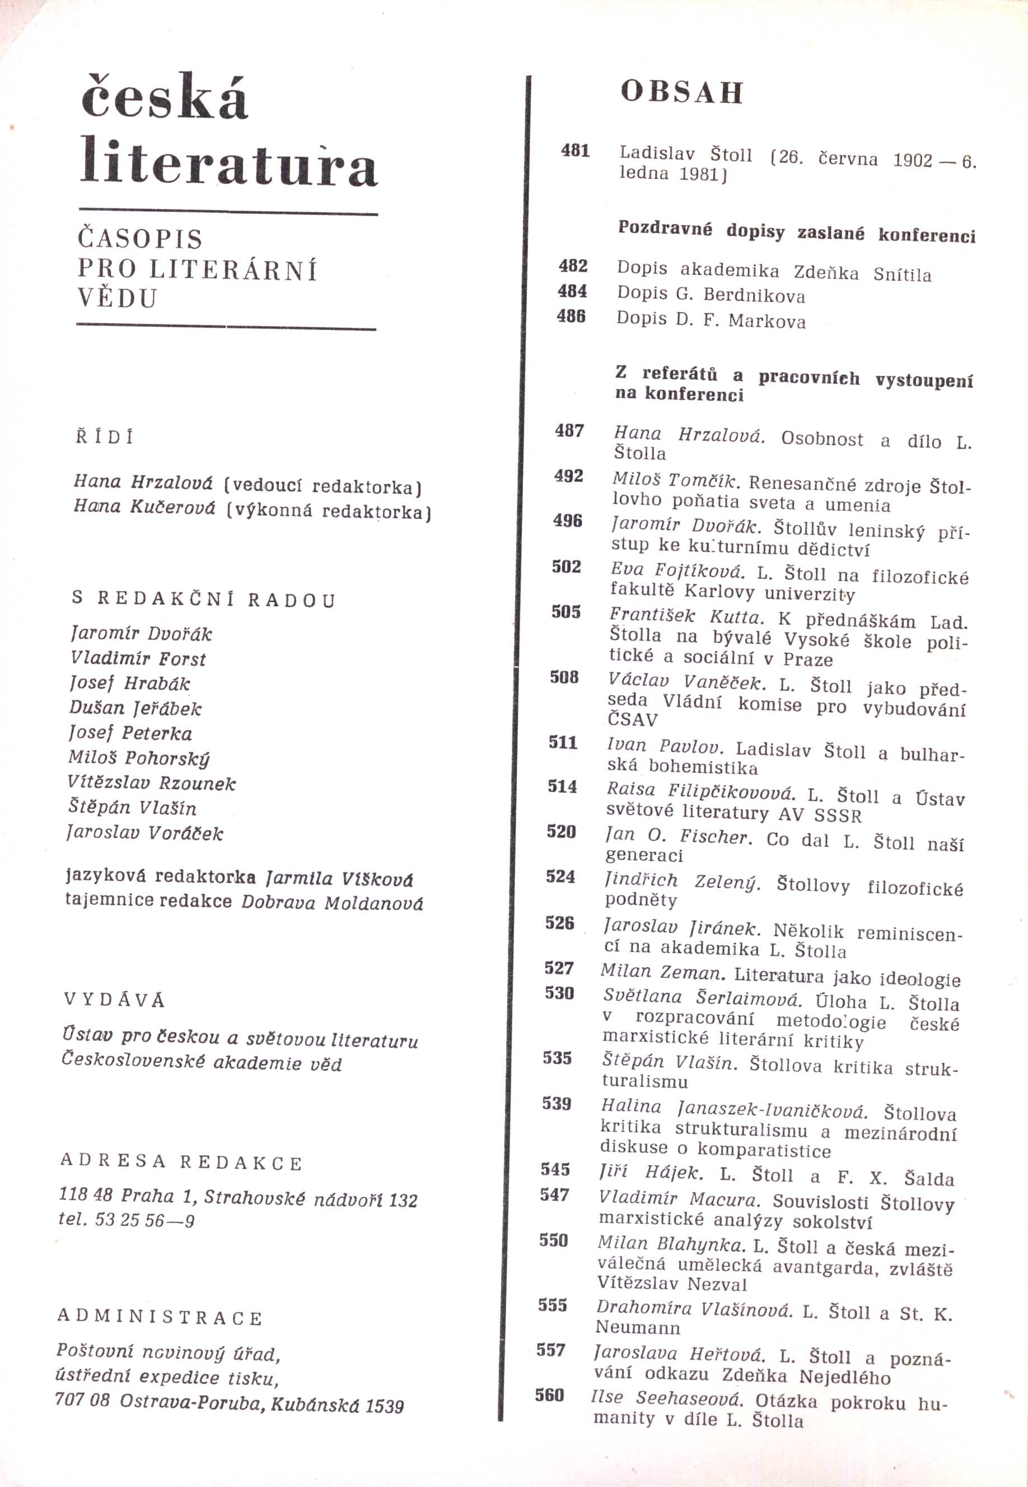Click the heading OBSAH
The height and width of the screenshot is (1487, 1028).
[x=681, y=92]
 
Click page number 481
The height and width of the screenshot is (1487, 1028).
[x=575, y=151]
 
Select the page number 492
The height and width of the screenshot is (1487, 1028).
[x=568, y=476]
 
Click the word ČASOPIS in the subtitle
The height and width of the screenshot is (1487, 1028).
[x=140, y=239]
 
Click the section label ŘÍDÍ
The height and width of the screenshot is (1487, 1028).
[x=104, y=437]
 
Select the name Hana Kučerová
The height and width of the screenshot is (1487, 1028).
[x=144, y=507]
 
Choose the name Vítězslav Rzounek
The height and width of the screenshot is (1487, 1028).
[x=151, y=783]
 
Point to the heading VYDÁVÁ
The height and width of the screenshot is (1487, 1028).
[x=114, y=1000]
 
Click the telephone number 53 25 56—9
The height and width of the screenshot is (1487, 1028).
[x=144, y=1220]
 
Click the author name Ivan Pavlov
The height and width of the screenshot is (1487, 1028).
[x=665, y=746]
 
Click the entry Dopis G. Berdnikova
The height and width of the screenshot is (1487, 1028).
[x=711, y=295]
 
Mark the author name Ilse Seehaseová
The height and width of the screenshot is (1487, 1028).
[x=667, y=1398]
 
